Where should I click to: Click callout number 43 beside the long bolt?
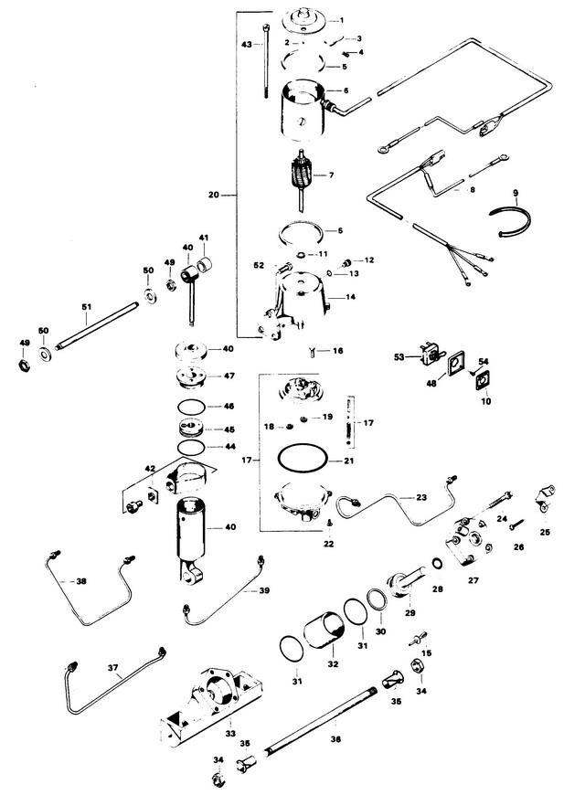[x=246, y=44]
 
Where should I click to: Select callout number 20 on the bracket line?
[x=214, y=195]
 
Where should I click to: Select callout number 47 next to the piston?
[x=229, y=376]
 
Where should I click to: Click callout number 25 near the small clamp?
[x=546, y=531]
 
